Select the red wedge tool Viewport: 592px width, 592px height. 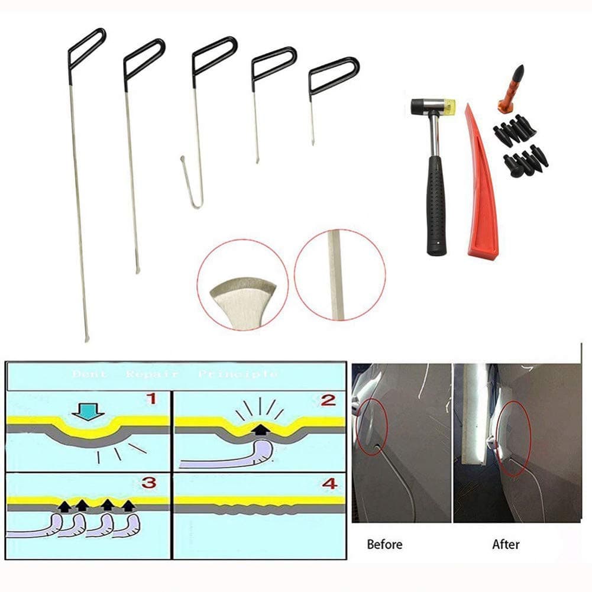click(481, 189)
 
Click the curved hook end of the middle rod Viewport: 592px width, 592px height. click(190, 183)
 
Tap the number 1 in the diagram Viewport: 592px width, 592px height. click(152, 399)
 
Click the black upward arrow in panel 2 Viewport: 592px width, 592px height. click(258, 429)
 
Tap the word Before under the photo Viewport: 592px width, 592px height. click(384, 544)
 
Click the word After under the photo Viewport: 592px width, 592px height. click(505, 544)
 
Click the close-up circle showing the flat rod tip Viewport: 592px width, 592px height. click(243, 284)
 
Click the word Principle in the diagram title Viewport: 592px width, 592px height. click(238, 374)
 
